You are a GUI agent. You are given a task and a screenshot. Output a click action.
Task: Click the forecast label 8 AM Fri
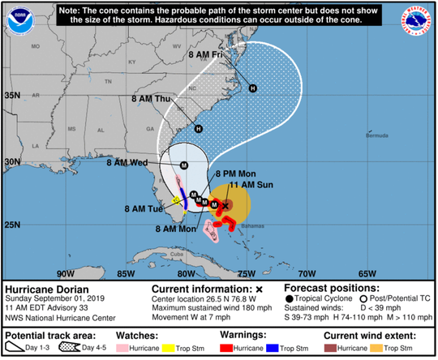(x=207, y=55)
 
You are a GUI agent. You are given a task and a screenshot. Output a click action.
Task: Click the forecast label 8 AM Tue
(x=145, y=208)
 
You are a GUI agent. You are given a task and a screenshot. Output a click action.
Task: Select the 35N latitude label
(x=12, y=95)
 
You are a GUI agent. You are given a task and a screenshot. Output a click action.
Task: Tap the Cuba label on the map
(x=182, y=251)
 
